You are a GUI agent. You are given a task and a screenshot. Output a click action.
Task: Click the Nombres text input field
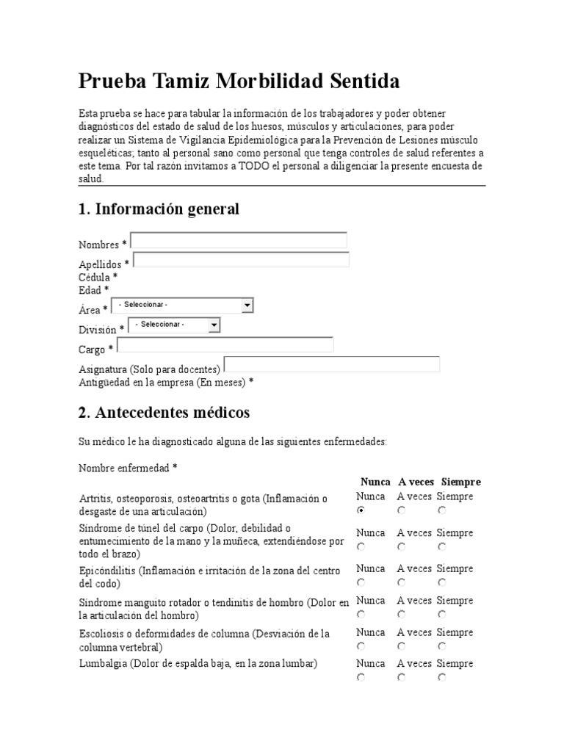click(x=239, y=241)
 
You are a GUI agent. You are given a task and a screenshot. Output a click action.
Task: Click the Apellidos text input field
click(x=241, y=260)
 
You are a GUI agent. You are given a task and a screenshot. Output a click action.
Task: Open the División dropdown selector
click(x=174, y=325)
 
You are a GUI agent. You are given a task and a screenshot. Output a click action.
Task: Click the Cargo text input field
click(x=225, y=345)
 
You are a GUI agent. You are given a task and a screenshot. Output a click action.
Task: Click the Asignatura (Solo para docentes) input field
click(x=332, y=365)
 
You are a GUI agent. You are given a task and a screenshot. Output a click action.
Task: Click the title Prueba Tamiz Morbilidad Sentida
click(x=239, y=82)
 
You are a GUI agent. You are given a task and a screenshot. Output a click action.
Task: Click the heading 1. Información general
click(x=159, y=209)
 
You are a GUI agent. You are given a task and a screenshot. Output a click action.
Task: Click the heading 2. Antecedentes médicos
click(x=164, y=413)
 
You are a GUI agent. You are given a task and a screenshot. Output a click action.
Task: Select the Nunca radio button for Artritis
click(x=361, y=510)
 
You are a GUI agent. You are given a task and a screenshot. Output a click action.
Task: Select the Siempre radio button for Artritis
click(x=441, y=510)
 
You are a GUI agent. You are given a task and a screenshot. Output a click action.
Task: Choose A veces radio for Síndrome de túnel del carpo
click(x=402, y=546)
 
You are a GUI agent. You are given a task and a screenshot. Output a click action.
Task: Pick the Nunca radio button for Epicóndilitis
click(x=361, y=582)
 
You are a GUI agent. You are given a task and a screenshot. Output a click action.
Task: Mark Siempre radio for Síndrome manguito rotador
click(x=441, y=614)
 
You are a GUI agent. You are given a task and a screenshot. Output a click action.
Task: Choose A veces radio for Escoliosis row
click(x=402, y=646)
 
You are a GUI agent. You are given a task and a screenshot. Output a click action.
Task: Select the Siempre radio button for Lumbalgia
click(x=441, y=678)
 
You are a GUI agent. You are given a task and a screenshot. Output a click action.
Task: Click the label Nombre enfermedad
click(x=128, y=468)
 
